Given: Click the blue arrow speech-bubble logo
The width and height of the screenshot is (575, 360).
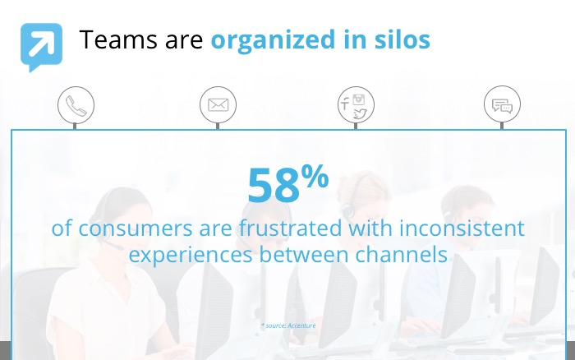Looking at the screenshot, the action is point(41,47).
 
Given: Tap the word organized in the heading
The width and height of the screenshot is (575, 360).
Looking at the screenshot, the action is point(274,40).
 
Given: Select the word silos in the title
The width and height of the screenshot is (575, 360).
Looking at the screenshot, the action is point(402,39).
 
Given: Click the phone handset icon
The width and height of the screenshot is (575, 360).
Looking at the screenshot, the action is point(76,106).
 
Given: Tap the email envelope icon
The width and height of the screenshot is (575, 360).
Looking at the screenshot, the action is point(218,105).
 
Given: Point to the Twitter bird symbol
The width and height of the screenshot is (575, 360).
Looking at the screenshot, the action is point(360,114).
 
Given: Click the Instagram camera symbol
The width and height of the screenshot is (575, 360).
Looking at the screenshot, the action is point(359,99).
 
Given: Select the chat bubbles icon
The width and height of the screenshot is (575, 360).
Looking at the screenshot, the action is point(502,106).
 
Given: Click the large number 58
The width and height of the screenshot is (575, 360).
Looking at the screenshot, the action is point(274,185).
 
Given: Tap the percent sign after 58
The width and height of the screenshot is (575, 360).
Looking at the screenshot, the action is point(315,176).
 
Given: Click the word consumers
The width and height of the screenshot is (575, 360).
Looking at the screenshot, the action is point(136,228).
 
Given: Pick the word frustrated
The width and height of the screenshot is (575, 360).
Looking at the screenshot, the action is point(290,228).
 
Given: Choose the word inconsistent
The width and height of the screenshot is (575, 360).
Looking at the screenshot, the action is point(462,228).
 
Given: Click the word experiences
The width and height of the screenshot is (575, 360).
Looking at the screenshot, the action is point(191,255).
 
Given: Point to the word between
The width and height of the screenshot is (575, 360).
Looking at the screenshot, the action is point(304,254).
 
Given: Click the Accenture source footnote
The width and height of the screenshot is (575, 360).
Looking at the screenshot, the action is point(288,325).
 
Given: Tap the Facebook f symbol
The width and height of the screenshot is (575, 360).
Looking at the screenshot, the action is point(345,104).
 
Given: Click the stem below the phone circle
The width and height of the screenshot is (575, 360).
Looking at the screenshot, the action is point(75,126).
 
